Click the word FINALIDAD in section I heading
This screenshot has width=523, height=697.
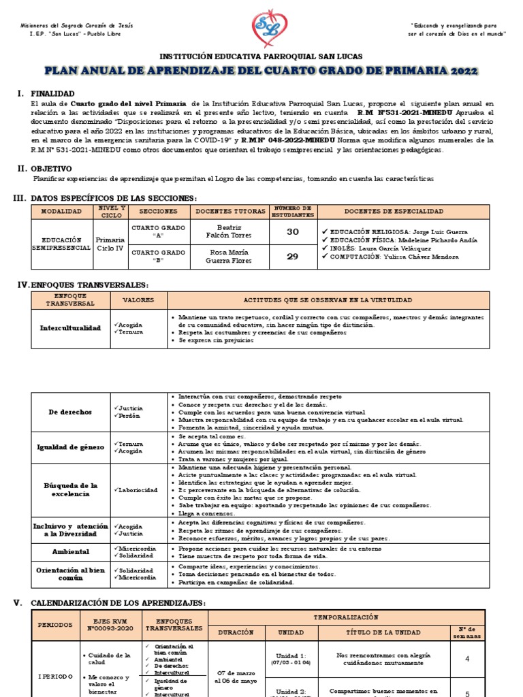pyautogui.click(x=53, y=93)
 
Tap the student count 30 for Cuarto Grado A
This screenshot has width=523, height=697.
pyautogui.click(x=292, y=231)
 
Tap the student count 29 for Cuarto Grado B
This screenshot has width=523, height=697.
pyautogui.click(x=292, y=256)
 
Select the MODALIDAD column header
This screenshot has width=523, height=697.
pyautogui.click(x=61, y=212)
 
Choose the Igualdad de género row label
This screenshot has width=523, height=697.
pyautogui.click(x=70, y=447)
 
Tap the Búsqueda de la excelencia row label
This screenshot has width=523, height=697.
pyautogui.click(x=70, y=490)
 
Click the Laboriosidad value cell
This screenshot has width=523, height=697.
pyautogui.click(x=137, y=490)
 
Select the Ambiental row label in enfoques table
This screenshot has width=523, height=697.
pyautogui.click(x=70, y=552)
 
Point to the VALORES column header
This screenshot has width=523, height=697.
pyautogui.click(x=138, y=300)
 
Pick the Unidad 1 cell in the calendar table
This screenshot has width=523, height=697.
pyautogui.click(x=291, y=658)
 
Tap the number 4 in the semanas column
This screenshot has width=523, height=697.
pyautogui.click(x=466, y=658)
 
